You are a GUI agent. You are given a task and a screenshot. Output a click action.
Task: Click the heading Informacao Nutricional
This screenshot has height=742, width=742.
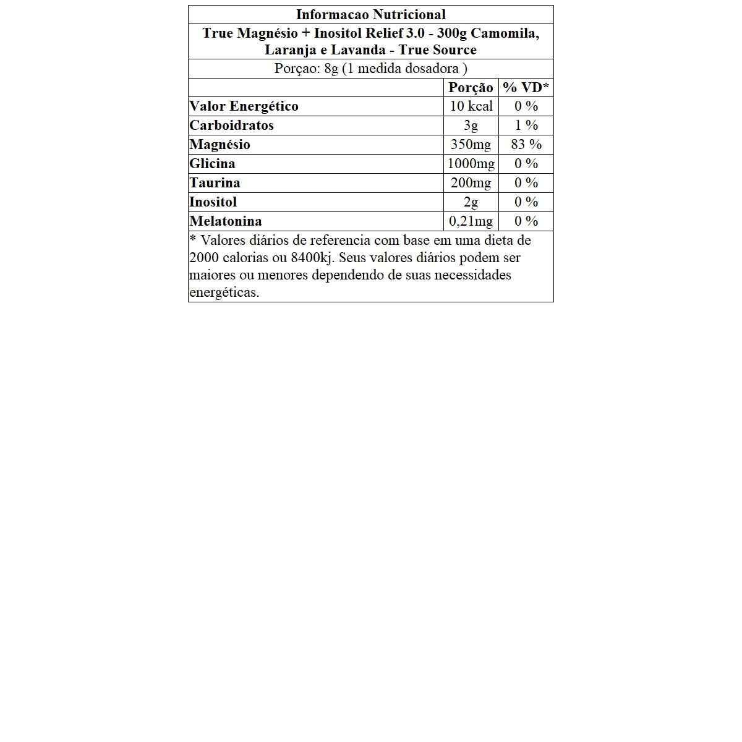(370, 15)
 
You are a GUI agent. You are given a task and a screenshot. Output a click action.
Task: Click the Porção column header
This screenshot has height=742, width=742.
(471, 88)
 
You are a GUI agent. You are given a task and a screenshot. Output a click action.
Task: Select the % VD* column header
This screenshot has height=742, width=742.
(526, 88)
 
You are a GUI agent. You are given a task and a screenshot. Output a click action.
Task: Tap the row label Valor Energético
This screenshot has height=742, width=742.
(244, 106)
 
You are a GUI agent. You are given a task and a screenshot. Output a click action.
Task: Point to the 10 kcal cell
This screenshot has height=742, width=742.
(471, 106)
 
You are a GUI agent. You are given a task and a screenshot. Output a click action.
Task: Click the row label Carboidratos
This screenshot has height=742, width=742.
(231, 126)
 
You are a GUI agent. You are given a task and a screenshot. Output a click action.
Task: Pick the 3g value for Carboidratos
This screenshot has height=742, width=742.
(471, 126)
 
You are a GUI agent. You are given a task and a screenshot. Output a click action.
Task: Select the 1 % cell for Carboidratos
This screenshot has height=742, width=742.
(526, 126)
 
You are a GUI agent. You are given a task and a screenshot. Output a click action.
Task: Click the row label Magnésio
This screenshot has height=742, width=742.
(220, 145)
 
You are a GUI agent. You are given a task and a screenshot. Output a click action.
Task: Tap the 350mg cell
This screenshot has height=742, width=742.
(471, 145)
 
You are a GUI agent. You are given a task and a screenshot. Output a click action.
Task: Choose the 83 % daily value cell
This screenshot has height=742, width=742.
(526, 145)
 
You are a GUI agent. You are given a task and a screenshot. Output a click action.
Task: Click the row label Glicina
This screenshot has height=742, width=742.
(212, 164)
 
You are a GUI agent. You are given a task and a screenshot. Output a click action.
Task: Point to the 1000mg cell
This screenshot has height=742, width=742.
(471, 164)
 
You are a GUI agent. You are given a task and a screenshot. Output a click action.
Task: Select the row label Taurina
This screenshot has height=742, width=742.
(215, 183)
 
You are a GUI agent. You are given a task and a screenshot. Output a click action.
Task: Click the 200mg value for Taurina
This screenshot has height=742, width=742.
(471, 183)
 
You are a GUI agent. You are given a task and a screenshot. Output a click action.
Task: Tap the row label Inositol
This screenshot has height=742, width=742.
(213, 202)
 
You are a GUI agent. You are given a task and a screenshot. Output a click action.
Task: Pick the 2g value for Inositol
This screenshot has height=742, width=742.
(471, 202)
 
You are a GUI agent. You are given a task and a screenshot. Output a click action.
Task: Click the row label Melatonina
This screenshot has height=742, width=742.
(226, 221)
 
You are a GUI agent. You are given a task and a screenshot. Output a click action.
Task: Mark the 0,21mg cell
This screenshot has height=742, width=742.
(471, 221)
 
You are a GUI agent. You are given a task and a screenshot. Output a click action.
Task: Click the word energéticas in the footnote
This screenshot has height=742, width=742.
(224, 292)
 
